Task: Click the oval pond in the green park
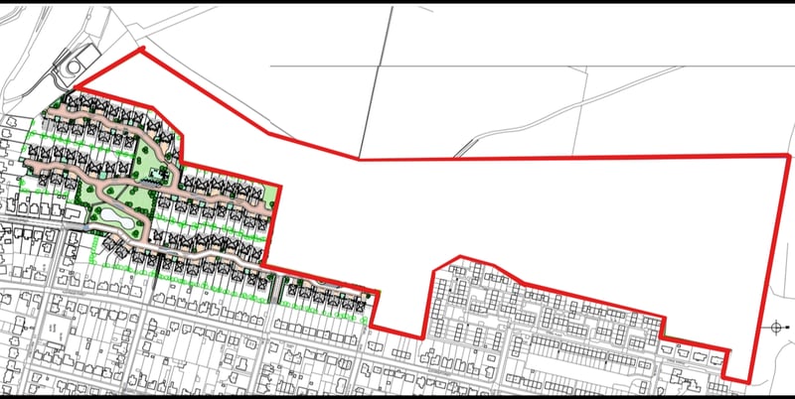(x=106, y=213)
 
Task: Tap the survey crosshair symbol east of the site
(x=776, y=327)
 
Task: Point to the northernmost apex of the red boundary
(x=142, y=49)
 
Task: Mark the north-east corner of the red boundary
(x=789, y=156)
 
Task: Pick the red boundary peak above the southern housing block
(x=456, y=259)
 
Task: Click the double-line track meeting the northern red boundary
(x=458, y=154)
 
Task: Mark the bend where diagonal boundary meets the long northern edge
(x=359, y=159)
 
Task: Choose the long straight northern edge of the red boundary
(x=576, y=157)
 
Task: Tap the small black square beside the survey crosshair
(x=788, y=327)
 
